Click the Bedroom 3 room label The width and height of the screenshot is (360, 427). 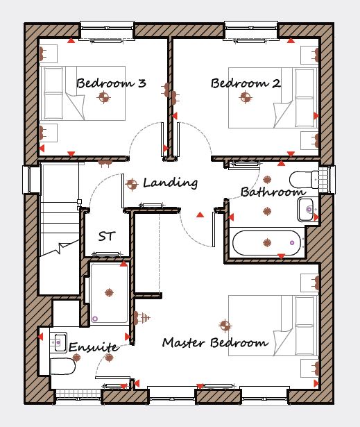point(111,83)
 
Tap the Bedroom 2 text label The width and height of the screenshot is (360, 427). point(246,83)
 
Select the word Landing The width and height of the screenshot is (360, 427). point(171,183)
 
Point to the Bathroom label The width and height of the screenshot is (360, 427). point(273,192)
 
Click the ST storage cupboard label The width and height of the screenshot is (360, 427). point(107,236)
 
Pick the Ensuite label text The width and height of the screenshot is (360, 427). point(94,347)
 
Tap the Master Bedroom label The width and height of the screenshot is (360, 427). point(215,342)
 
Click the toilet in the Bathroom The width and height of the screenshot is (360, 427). point(304,179)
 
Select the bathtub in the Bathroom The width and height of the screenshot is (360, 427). point(267,243)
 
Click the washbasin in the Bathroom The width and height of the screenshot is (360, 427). point(306,209)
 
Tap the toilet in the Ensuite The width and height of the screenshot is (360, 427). point(62,367)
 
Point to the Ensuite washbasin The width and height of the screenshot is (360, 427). point(59,342)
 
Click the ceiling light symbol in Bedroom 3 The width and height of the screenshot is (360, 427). point(103,97)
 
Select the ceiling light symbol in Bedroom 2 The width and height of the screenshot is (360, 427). point(246,97)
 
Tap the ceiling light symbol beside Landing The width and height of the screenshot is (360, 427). point(132,184)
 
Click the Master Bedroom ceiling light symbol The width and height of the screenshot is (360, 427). point(225,326)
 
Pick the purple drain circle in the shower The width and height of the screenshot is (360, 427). point(95,319)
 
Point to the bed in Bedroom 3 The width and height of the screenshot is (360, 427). point(83,93)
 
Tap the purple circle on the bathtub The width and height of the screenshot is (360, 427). point(292,242)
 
